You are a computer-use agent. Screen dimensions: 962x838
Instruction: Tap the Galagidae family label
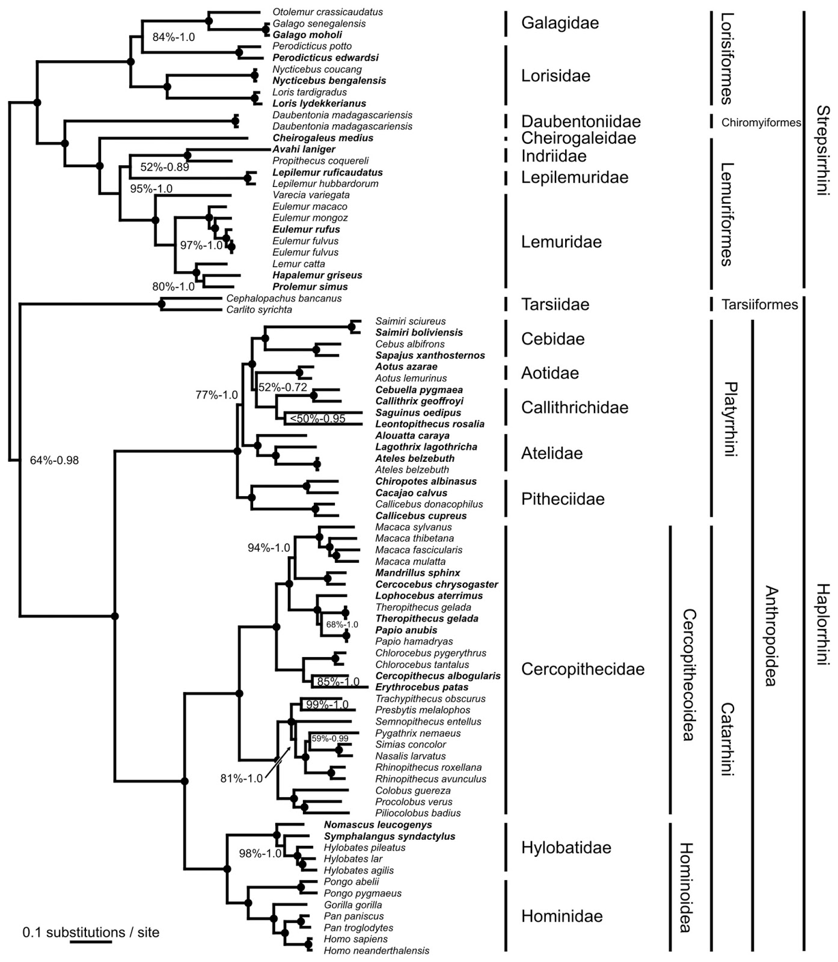coord(560,23)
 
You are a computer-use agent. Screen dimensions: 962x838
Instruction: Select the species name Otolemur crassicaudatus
coord(327,12)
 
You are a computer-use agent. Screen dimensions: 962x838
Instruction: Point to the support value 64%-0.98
coord(54,461)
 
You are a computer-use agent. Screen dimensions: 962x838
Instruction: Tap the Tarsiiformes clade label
coord(760,304)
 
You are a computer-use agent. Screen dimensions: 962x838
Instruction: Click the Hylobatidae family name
coord(566,848)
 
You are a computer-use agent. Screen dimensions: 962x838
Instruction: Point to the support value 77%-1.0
coord(216,395)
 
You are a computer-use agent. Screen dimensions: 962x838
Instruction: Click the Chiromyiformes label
coord(761,123)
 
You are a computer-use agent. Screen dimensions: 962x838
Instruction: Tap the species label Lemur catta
coord(298,264)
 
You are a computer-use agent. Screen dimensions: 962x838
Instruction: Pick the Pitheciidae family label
coord(563,499)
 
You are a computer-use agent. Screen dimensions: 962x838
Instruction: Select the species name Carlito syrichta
coord(259,310)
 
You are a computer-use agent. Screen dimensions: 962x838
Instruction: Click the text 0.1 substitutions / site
coord(91,933)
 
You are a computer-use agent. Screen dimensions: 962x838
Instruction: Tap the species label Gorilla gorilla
coord(353,905)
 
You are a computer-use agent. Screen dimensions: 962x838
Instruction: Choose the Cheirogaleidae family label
coord(578,138)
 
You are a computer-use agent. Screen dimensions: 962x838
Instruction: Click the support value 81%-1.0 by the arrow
coord(241,779)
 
